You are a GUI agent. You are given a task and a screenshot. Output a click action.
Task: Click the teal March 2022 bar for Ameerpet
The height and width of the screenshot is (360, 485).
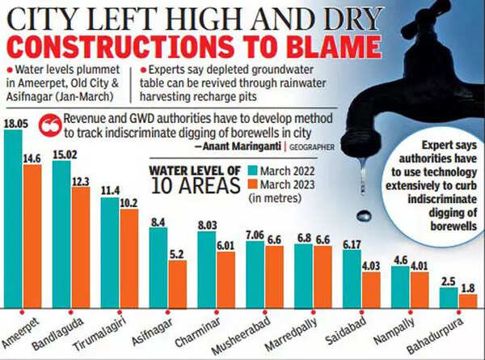[13, 218]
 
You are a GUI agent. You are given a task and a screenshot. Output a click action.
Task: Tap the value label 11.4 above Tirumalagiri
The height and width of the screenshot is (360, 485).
[110, 190]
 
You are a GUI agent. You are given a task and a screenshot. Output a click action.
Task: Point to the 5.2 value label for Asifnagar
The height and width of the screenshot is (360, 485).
[178, 253]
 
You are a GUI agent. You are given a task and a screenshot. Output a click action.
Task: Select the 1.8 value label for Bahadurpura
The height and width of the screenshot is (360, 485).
[467, 287]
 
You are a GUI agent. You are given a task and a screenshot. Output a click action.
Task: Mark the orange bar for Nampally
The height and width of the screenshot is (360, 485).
[420, 289]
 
